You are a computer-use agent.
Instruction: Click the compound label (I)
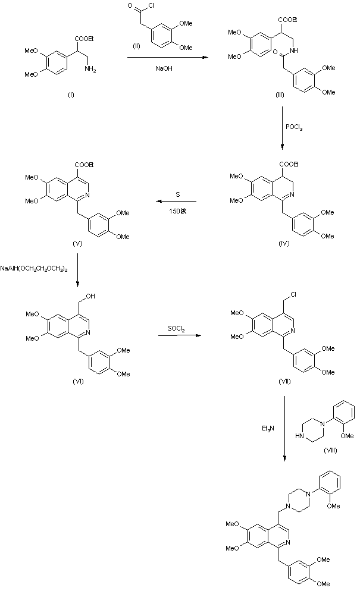click(x=71, y=95)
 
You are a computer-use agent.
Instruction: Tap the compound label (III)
click(x=280, y=95)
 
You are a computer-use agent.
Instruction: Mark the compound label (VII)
click(x=284, y=381)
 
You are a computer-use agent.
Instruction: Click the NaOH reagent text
click(x=164, y=68)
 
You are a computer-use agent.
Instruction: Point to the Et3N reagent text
click(x=268, y=427)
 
